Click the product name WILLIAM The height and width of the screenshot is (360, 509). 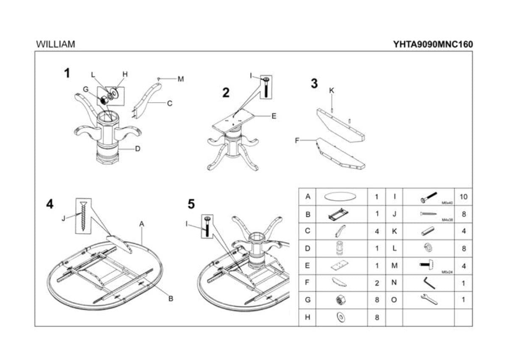click(56, 44)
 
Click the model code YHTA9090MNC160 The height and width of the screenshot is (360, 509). click(433, 44)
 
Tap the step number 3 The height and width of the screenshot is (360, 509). click(314, 84)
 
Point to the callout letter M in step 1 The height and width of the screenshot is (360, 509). click(181, 79)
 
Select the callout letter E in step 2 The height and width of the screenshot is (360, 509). click(274, 116)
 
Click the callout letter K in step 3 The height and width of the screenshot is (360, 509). click(332, 91)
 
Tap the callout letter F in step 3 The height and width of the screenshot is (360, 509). click(297, 140)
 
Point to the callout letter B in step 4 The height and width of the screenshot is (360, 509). click(171, 299)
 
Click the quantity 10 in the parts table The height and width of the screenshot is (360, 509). click(463, 197)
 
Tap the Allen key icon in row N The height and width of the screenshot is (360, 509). click(428, 282)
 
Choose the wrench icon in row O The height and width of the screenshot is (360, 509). click(428, 300)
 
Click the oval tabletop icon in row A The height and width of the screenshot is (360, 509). click(340, 197)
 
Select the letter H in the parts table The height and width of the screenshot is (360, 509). click(308, 317)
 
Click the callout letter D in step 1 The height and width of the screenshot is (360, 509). click(138, 149)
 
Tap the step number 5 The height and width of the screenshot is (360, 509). click(191, 204)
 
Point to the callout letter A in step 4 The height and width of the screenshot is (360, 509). click(142, 223)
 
